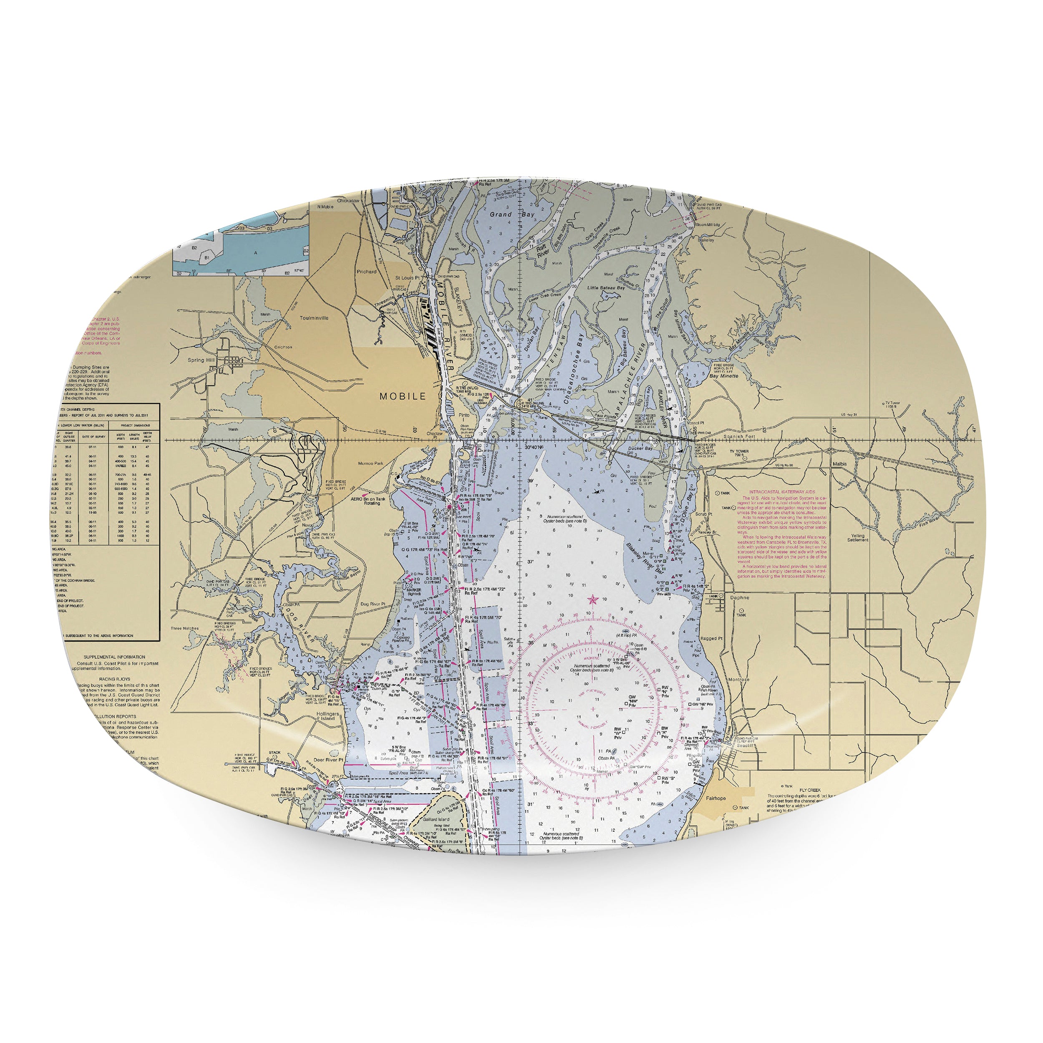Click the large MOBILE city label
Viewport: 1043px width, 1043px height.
point(402,396)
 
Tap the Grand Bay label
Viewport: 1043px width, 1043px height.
point(512,214)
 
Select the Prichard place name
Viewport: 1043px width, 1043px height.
point(367,272)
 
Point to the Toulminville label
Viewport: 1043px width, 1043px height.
point(314,318)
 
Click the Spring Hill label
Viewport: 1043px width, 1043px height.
point(201,360)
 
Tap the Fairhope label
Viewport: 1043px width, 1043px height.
point(716,799)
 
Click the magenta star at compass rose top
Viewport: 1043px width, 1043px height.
point(592,599)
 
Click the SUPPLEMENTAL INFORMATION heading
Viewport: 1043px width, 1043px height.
point(114,657)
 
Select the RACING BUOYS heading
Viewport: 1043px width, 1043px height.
point(114,679)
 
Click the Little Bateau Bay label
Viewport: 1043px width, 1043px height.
point(606,288)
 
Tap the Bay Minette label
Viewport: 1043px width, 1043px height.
point(724,376)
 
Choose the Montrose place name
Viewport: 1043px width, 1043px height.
point(738,680)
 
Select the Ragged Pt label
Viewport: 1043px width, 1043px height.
point(711,638)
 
